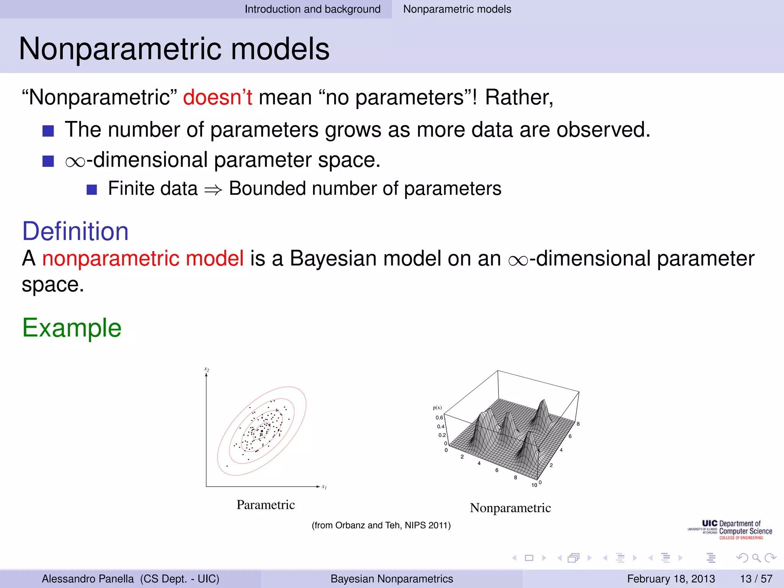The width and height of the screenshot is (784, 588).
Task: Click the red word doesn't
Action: click(217, 97)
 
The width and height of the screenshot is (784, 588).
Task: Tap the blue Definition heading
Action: click(75, 231)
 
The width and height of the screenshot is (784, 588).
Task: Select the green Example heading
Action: click(72, 328)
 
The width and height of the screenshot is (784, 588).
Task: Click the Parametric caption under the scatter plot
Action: click(266, 505)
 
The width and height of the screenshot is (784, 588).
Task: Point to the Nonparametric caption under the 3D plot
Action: click(510, 508)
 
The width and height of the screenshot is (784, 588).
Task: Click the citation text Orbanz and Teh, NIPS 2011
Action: click(381, 525)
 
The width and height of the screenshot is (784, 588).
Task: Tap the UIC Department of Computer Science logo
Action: click(730, 530)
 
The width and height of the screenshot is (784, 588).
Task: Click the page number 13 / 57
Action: click(756, 578)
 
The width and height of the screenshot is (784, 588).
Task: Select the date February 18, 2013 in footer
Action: click(671, 578)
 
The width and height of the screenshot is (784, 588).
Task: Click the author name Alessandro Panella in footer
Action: click(88, 578)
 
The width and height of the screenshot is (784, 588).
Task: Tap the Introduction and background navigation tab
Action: click(312, 9)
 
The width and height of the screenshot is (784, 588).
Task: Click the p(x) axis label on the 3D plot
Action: click(437, 408)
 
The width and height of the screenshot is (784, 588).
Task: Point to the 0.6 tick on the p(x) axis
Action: click(439, 418)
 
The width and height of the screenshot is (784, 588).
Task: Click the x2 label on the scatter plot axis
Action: click(207, 369)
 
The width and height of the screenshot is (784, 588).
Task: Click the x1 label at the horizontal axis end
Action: click(324, 487)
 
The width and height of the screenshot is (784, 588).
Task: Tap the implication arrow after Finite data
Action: click(213, 189)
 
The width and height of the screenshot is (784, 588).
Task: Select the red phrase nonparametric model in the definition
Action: click(143, 258)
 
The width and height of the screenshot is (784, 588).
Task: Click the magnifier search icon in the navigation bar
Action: click(756, 558)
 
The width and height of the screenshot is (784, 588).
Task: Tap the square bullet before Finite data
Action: click(92, 189)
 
